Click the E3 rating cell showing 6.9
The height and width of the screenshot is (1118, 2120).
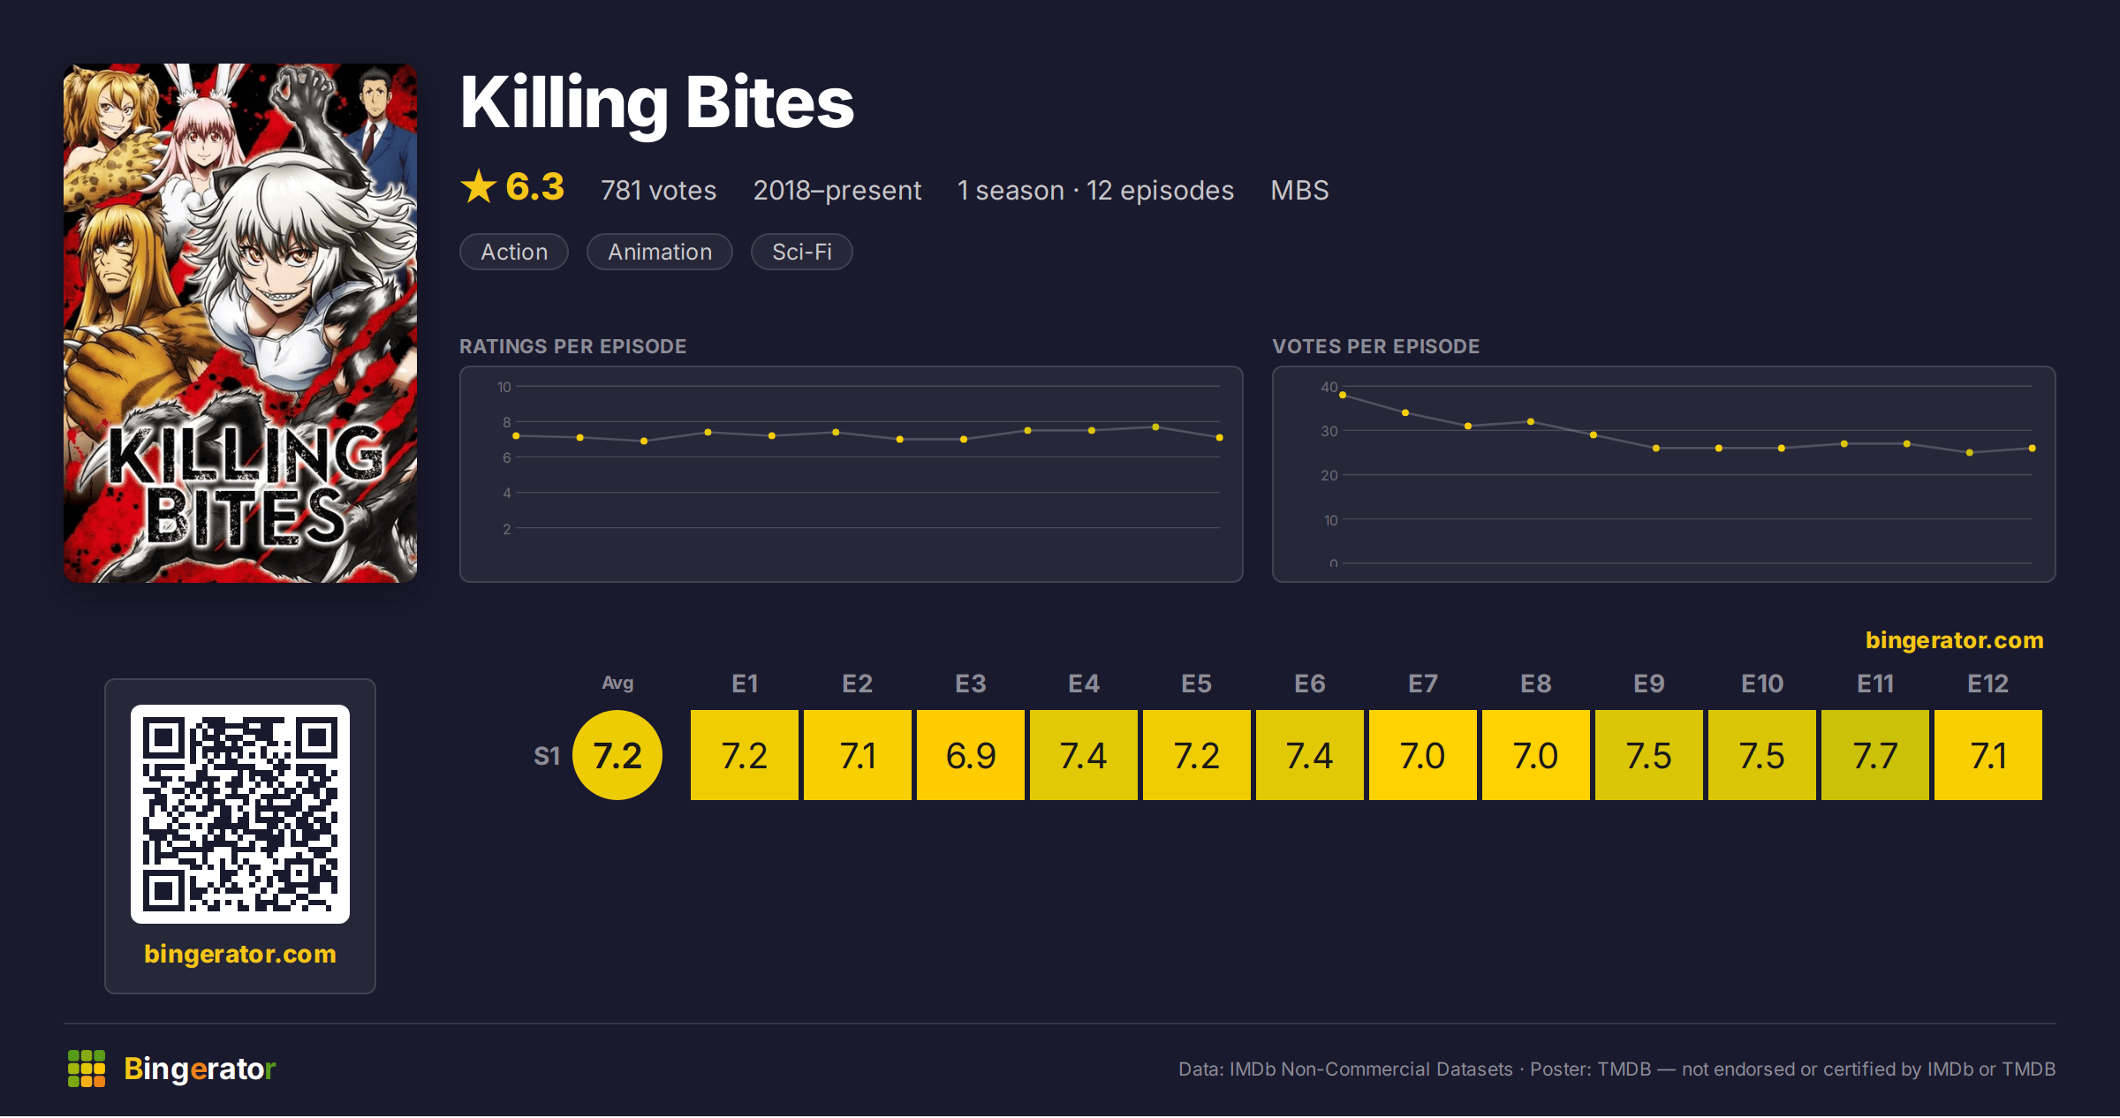click(x=970, y=755)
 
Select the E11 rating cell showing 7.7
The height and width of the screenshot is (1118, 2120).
click(x=1874, y=755)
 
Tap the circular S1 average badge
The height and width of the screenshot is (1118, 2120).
click(x=617, y=755)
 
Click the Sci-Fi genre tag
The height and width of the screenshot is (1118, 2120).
click(x=801, y=252)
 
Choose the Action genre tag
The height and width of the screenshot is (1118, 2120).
click(x=514, y=252)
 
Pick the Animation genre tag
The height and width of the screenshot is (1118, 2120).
click(x=660, y=252)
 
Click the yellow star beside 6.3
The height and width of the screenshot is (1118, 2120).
click(x=479, y=186)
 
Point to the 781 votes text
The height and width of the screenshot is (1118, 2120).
click(x=658, y=190)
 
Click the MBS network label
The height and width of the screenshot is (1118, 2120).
click(x=1299, y=190)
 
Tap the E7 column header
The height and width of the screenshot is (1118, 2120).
click(x=1422, y=684)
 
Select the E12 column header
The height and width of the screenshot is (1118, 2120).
click(x=1987, y=684)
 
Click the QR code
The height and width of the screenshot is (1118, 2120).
click(x=240, y=814)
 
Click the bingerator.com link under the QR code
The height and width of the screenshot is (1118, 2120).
click(x=240, y=954)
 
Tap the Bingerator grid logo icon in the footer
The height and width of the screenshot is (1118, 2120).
click(x=87, y=1069)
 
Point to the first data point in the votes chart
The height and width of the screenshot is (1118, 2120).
click(x=1343, y=395)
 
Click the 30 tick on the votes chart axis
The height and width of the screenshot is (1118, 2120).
click(x=1329, y=431)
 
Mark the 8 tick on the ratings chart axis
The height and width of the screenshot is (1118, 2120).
click(x=507, y=422)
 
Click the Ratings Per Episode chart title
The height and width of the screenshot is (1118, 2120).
click(x=572, y=346)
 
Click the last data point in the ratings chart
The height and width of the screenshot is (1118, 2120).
click(x=1219, y=437)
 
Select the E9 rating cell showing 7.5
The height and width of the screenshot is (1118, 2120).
click(x=1648, y=755)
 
